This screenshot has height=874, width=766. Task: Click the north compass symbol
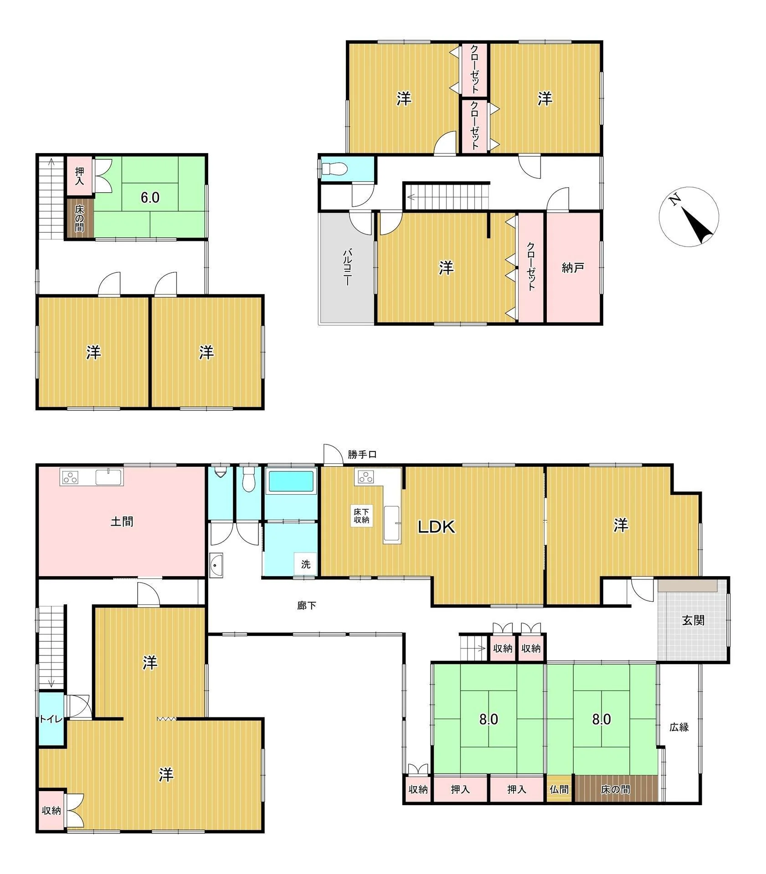pyautogui.click(x=688, y=216)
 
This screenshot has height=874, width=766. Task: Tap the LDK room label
pyautogui.click(x=437, y=527)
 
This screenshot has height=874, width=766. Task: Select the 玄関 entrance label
pyautogui.click(x=693, y=620)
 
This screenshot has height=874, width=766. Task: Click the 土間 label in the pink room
pyautogui.click(x=122, y=521)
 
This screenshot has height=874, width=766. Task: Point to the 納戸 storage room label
pyautogui.click(x=573, y=268)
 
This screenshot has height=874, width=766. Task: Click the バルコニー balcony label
pyautogui.click(x=347, y=267)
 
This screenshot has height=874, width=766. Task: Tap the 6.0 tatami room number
pyautogui.click(x=149, y=197)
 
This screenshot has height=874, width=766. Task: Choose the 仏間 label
pyautogui.click(x=559, y=789)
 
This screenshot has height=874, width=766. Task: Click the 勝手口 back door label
pyautogui.click(x=362, y=454)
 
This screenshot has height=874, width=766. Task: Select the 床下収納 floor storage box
pyautogui.click(x=361, y=516)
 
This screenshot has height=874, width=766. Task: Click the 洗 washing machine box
pyautogui.click(x=306, y=564)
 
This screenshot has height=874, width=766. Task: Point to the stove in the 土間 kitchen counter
pyautogui.click(x=71, y=477)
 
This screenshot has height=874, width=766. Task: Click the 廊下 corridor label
pyautogui.click(x=306, y=605)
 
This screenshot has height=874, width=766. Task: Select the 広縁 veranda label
pyautogui.click(x=679, y=727)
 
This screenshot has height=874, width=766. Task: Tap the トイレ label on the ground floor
pyautogui.click(x=51, y=719)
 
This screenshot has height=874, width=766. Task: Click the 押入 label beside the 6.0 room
pyautogui.click(x=80, y=175)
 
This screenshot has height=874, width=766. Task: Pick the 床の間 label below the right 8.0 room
pyautogui.click(x=615, y=789)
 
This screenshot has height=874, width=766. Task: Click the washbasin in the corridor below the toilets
pyautogui.click(x=216, y=565)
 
